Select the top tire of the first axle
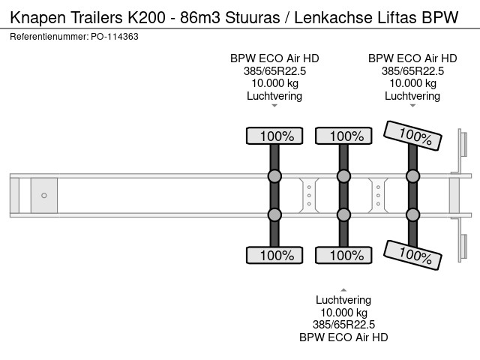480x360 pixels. coord(274,136)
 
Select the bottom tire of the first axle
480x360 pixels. coord(274,256)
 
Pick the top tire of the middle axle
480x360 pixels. coord(343,136)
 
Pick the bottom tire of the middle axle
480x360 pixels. coord(343,256)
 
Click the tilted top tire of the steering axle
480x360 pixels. coord(412,135)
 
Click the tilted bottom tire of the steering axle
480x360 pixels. coord(412,255)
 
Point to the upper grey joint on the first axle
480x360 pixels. coord(274,176)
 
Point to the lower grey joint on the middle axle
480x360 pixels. coord(343,215)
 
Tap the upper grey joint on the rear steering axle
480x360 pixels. coord(412,176)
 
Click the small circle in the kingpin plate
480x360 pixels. coord(44,196)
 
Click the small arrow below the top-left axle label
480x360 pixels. coord(274,106)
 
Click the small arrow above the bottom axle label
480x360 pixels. coord(343,289)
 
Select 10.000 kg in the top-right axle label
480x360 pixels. coord(412,83)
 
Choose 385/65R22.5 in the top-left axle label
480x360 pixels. coord(274,70)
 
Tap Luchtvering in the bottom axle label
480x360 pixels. coord(343,300)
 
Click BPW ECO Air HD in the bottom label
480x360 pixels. coord(343,337)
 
